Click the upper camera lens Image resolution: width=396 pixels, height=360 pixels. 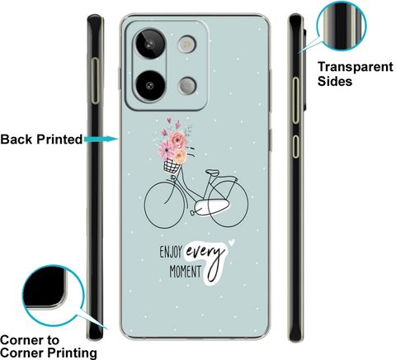[x=150, y=44]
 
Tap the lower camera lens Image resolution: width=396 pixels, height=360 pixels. [x=150, y=86]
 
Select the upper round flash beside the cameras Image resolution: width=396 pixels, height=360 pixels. [x=187, y=44]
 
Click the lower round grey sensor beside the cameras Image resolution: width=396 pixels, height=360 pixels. [x=187, y=86]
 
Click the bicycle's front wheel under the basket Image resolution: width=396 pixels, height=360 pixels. [x=164, y=205]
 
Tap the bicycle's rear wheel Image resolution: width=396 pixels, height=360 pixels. [x=228, y=204]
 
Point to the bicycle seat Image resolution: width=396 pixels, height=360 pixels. [x=213, y=173]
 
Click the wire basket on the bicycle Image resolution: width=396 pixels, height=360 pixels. [x=172, y=166]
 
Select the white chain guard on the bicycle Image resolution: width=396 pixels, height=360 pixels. [x=211, y=207]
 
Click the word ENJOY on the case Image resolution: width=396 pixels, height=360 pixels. [x=171, y=252]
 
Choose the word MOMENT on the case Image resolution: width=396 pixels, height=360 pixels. [x=186, y=272]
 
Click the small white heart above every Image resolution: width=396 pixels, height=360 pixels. [x=232, y=242]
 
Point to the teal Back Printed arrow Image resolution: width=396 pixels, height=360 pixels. [x=101, y=140]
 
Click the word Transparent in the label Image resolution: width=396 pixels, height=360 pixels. [x=356, y=67]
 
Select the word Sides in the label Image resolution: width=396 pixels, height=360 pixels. [x=335, y=81]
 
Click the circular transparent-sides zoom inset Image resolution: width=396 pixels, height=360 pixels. [x=342, y=26]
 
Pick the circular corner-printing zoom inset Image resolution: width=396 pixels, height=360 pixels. [x=53, y=295]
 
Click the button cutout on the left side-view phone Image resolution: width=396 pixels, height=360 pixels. [x=95, y=81]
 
